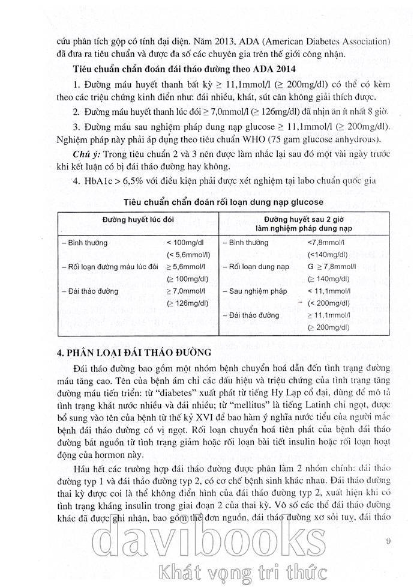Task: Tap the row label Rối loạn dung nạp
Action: pos(250,266)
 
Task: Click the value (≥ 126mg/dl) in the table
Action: pos(181,302)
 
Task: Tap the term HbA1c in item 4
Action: pos(99,180)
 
